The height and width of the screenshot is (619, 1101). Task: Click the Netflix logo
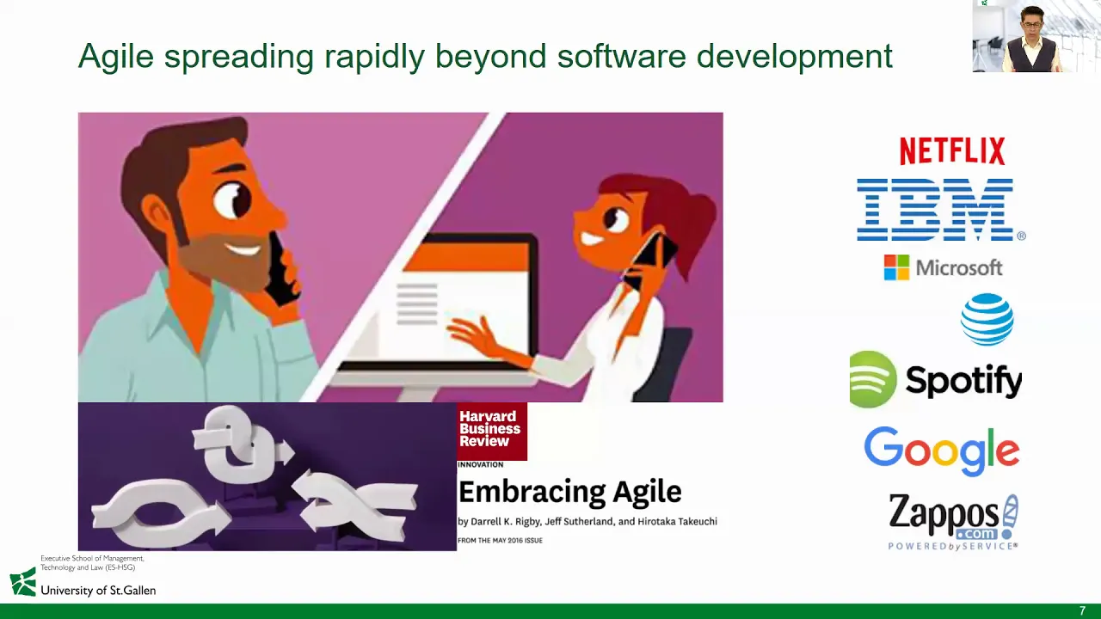tap(952, 150)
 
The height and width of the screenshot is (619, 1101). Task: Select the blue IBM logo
tap(941, 210)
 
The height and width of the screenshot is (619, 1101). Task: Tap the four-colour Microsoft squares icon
tap(896, 267)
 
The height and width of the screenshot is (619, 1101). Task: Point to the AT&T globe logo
tap(987, 319)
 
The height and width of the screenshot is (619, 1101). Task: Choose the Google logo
tap(942, 450)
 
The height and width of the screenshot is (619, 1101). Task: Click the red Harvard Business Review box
tap(492, 432)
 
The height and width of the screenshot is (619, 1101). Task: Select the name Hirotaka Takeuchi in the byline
tap(677, 522)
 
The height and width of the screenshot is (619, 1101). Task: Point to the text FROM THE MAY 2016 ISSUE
tap(500, 541)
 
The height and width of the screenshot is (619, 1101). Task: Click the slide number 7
tap(1082, 610)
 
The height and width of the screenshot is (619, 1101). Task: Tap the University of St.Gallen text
tap(98, 591)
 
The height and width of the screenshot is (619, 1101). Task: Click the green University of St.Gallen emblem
tap(23, 582)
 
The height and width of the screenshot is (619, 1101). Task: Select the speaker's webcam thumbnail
tap(1036, 36)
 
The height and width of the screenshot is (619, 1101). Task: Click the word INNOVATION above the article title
tap(480, 465)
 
